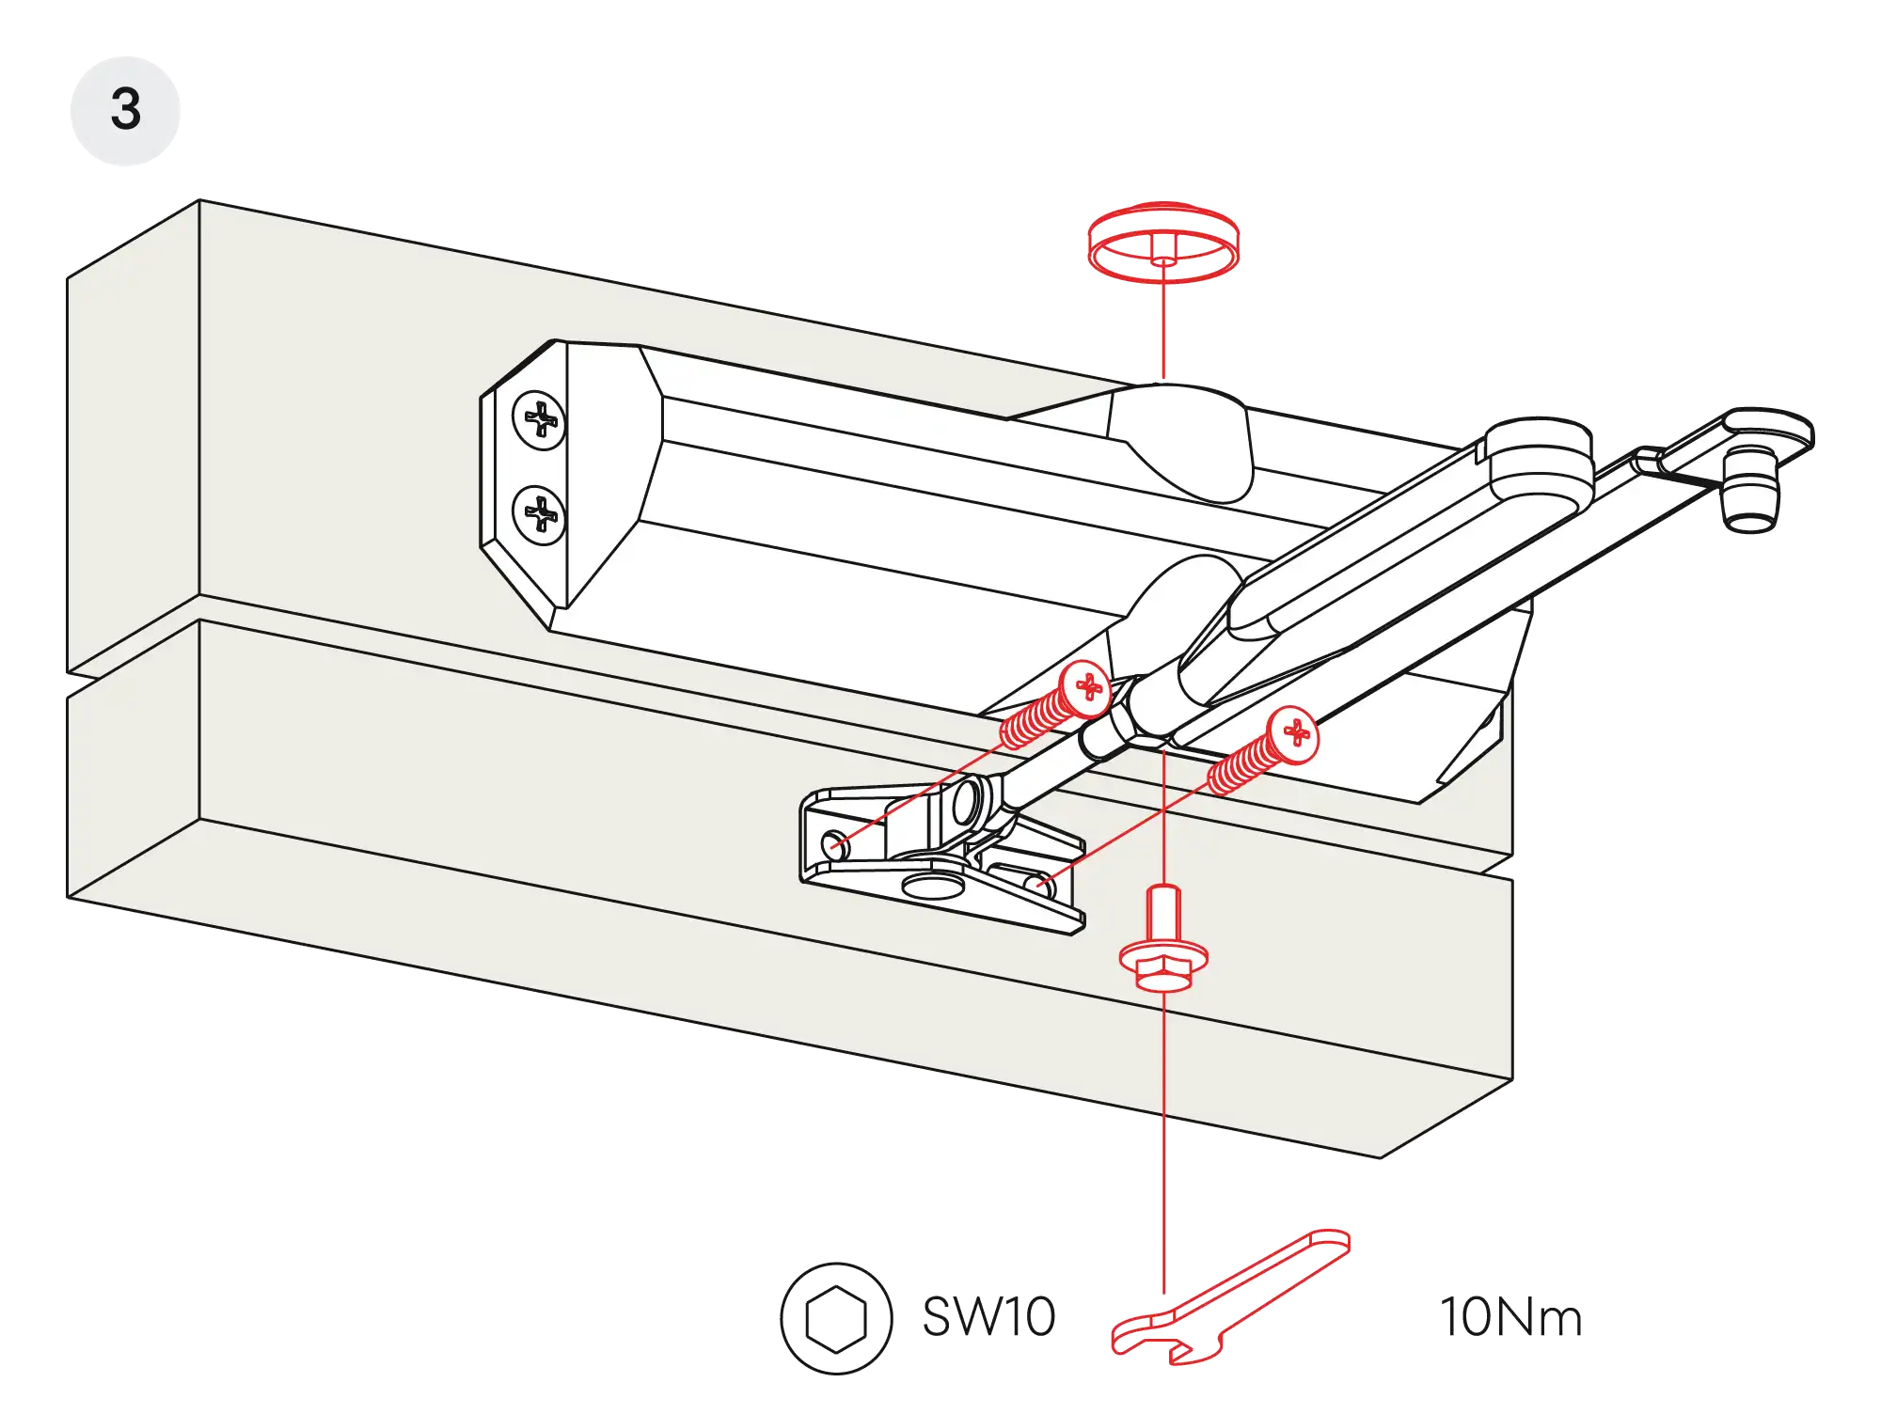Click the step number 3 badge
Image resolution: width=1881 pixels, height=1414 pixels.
(124, 110)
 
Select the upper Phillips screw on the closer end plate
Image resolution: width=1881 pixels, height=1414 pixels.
(539, 419)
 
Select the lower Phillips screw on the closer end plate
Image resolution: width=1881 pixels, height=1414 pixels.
(539, 514)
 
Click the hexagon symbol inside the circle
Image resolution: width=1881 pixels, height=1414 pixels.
(835, 1317)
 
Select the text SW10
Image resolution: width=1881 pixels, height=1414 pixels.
(989, 1316)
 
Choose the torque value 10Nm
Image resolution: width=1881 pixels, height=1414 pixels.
(1510, 1317)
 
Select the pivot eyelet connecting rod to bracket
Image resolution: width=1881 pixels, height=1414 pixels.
(966, 802)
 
